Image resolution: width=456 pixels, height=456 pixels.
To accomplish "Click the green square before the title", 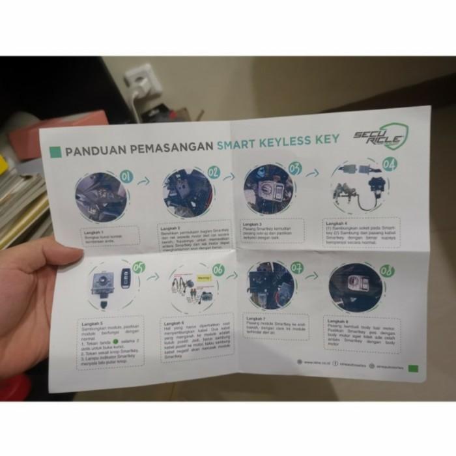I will click(x=56, y=151).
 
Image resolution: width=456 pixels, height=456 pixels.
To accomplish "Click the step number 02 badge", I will click(x=213, y=173).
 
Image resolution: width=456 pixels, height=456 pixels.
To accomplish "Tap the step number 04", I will click(x=389, y=164).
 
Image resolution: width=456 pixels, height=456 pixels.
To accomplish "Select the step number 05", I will click(x=137, y=267).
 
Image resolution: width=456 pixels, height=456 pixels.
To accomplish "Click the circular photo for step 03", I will click(x=270, y=190).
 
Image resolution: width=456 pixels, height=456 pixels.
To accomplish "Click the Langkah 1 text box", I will click(x=111, y=235).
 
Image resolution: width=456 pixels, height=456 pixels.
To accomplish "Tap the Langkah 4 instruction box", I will click(x=361, y=233).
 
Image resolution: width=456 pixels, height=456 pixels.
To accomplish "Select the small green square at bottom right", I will click(x=412, y=370).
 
